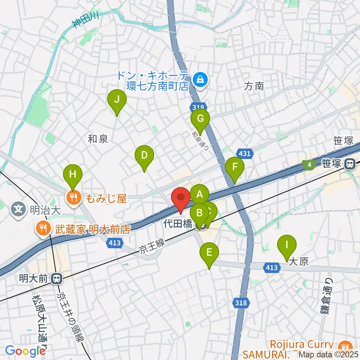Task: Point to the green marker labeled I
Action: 287,246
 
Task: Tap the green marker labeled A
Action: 199,195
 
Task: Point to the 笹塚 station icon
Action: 350,164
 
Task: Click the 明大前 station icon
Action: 57,279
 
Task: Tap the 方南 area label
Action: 254,87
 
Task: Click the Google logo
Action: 25,351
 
